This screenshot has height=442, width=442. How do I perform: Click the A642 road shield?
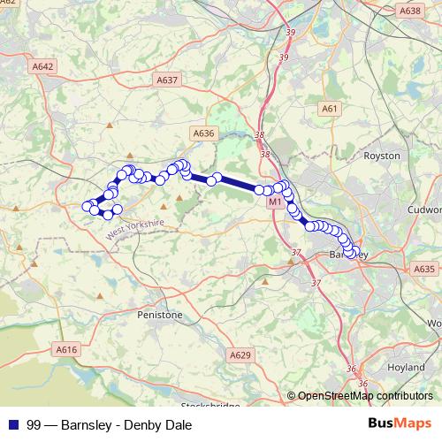pos(42,66)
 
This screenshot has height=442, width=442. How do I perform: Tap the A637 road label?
pos(166,80)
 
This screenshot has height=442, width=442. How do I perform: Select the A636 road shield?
pos(204,133)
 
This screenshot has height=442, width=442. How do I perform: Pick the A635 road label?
pos(424,269)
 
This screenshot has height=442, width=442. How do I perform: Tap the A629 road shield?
pos(240,354)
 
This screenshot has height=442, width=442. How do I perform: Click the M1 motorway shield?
pos(274,202)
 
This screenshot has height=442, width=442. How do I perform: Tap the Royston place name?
pos(382,155)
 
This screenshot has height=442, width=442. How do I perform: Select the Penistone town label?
pos(160,314)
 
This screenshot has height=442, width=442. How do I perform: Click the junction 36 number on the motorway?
pos(351,369)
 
